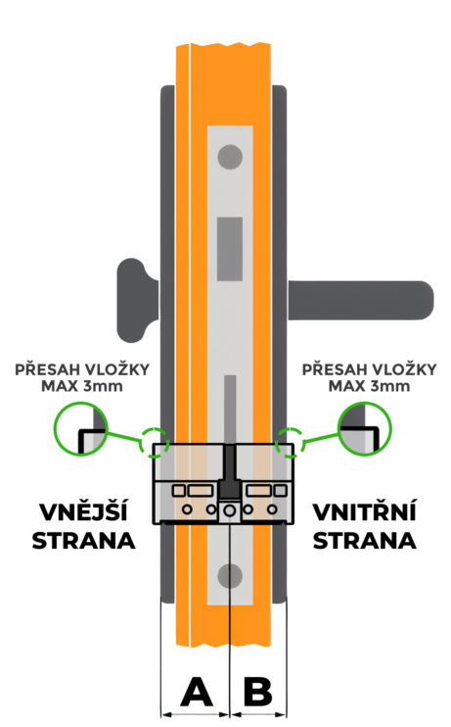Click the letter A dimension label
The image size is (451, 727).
197,692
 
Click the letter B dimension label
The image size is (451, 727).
258,692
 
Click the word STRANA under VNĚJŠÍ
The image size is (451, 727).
83,541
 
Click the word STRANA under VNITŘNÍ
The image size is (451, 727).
364,541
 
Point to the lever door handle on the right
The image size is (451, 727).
361,301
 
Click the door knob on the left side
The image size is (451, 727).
137,301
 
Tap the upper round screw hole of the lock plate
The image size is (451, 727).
230,157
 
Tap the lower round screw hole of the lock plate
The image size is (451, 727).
230,576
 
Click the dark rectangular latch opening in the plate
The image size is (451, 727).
230,249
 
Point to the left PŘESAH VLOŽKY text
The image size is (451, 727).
82,370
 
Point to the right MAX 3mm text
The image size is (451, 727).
369,386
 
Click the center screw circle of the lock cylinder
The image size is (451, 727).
229,510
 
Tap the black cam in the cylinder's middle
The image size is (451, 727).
230,471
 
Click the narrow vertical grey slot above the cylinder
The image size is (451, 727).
230,409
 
